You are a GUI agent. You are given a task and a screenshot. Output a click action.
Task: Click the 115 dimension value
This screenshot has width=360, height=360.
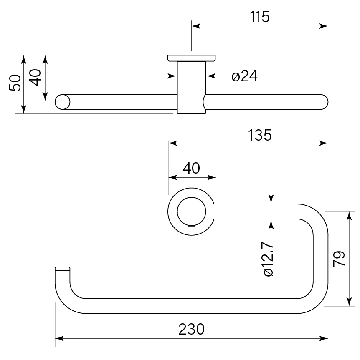click(259, 17)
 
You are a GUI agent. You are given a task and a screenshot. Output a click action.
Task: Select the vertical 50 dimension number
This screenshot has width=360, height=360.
click(15, 83)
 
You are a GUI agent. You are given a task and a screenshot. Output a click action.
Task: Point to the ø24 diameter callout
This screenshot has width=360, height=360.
click(244, 76)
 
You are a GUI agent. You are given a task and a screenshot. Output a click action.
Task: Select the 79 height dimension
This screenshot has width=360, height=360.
click(339, 259)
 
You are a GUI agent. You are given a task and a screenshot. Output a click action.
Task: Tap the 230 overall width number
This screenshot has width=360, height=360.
click(192, 329)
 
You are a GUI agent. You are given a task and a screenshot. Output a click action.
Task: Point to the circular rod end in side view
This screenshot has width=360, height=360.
click(63, 102)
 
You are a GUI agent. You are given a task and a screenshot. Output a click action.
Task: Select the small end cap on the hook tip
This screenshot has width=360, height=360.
click(62, 268)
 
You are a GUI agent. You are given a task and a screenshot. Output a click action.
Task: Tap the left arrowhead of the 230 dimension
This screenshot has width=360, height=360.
click(59, 338)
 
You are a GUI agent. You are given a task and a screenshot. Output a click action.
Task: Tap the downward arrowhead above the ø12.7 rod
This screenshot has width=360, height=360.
click(271, 200)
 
